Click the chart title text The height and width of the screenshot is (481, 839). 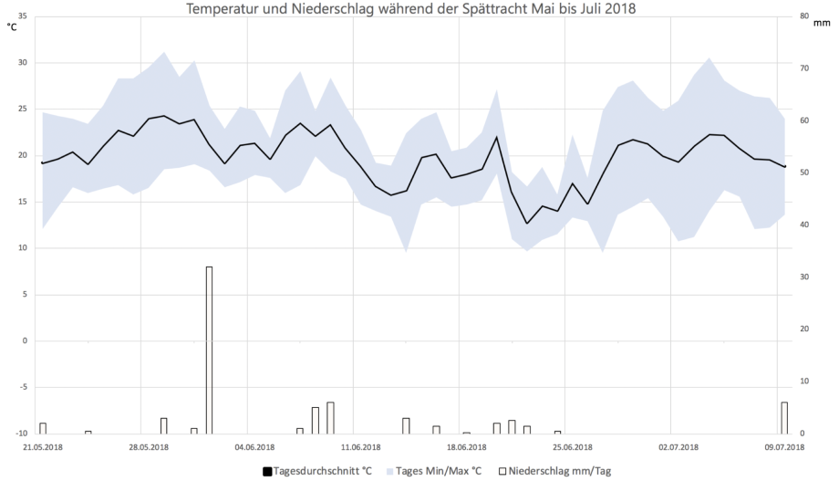coord(410,9)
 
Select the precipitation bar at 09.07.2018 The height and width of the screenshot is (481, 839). coord(784,417)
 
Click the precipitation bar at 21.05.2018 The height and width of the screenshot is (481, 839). coord(43,428)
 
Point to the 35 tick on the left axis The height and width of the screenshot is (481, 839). coord(22,16)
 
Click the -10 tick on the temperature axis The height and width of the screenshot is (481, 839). coord(20,433)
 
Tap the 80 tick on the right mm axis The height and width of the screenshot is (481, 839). coord(803,16)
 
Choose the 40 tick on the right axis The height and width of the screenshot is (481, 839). coord(803,225)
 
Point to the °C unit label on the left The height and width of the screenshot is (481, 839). coord(12,27)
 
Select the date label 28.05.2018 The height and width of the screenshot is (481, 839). coord(149,447)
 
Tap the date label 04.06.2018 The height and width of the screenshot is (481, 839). coord(254,447)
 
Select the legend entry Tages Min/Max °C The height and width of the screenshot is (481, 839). coord(436,471)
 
